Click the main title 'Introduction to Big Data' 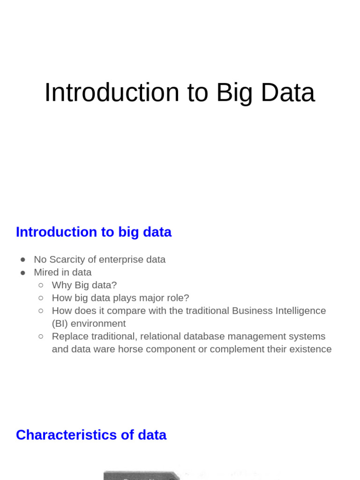click(180, 92)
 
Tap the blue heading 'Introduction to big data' click(94, 232)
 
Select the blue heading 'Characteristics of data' click(91, 435)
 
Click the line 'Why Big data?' click(84, 285)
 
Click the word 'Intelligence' click(300, 311)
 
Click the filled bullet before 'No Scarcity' click(23, 260)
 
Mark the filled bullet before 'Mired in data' click(23, 272)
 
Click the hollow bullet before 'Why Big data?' click(41, 285)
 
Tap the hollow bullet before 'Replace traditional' click(41, 336)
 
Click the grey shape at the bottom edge click(141, 475)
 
